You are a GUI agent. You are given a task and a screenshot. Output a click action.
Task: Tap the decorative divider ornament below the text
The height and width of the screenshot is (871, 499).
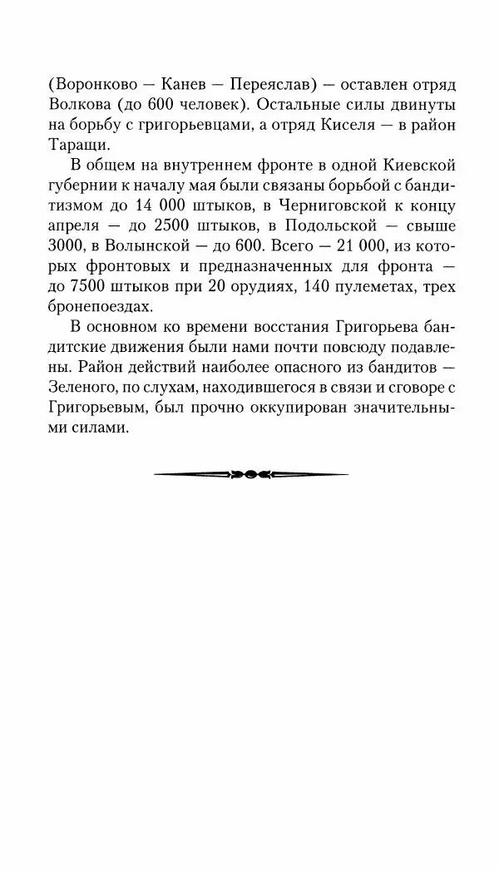click(x=250, y=475)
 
